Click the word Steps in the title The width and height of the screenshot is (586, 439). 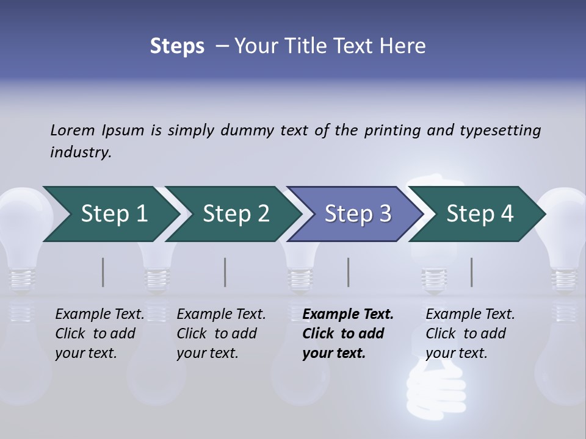point(177,46)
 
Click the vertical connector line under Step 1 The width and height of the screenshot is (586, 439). point(103,272)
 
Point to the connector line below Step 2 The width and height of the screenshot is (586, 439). point(225,272)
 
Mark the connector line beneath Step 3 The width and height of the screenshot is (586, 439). point(349,272)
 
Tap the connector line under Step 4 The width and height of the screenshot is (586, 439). point(472,272)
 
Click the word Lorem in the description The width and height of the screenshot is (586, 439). point(73,130)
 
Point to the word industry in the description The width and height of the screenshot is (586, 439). point(81,152)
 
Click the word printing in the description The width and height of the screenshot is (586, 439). point(390,130)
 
